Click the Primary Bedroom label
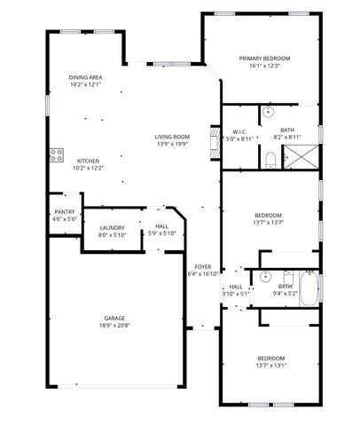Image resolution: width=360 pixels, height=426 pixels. (x=264, y=58)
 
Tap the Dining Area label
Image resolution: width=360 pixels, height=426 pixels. (x=85, y=78)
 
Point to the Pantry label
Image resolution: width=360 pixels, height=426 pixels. (x=64, y=211)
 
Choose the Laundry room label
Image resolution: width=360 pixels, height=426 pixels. (x=111, y=227)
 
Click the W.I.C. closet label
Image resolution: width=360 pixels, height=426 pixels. (x=239, y=131)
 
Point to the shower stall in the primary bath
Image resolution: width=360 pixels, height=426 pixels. (x=300, y=158)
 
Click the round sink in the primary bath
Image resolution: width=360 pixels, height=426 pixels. (x=268, y=112)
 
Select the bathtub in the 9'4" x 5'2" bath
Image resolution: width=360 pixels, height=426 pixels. (x=308, y=287)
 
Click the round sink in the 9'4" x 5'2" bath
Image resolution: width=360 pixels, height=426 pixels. (x=263, y=276)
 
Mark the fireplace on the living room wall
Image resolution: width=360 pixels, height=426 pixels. (x=212, y=142)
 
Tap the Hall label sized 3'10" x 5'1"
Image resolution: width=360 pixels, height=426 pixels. (x=236, y=287)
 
